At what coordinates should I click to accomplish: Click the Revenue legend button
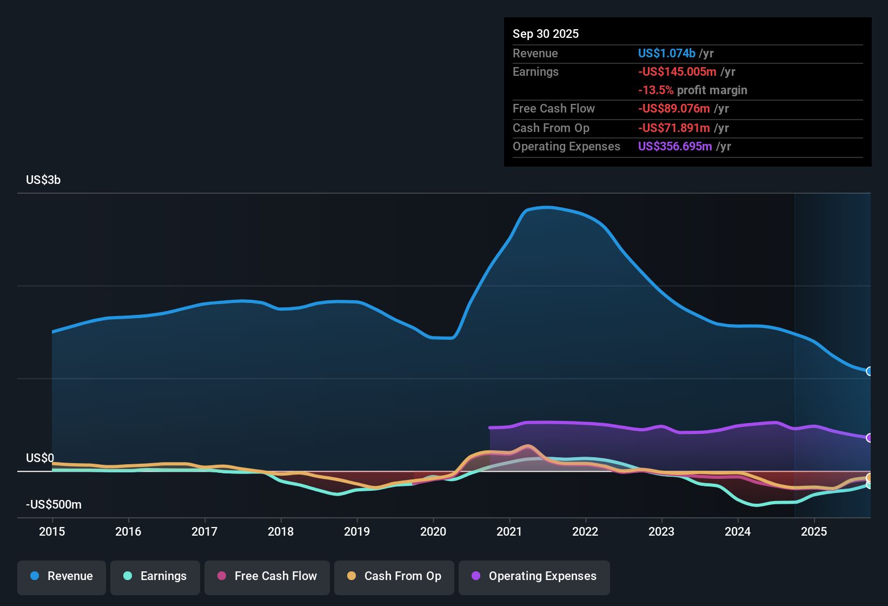(62, 576)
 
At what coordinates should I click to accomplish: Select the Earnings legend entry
(155, 576)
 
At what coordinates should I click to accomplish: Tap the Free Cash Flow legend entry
(267, 576)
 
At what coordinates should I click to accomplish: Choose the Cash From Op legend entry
(394, 576)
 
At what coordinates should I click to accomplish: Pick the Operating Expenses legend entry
(534, 576)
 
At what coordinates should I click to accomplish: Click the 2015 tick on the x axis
(52, 531)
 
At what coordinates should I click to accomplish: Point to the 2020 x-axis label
(433, 531)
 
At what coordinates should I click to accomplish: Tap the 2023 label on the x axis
(661, 531)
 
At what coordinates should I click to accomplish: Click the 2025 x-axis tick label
(814, 531)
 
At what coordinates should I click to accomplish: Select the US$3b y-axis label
(43, 180)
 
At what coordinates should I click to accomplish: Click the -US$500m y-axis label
(54, 505)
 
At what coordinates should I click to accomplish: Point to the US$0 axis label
(40, 458)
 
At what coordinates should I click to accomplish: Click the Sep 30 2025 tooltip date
(546, 34)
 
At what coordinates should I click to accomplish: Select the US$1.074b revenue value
(666, 53)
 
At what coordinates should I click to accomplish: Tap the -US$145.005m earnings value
(677, 71)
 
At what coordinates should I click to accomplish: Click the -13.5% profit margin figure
(655, 90)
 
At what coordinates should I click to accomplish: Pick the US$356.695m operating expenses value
(675, 146)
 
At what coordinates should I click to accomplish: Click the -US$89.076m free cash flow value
(674, 108)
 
